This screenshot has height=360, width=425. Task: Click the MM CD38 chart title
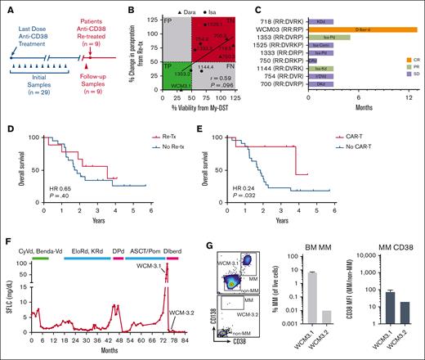point(380,245)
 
